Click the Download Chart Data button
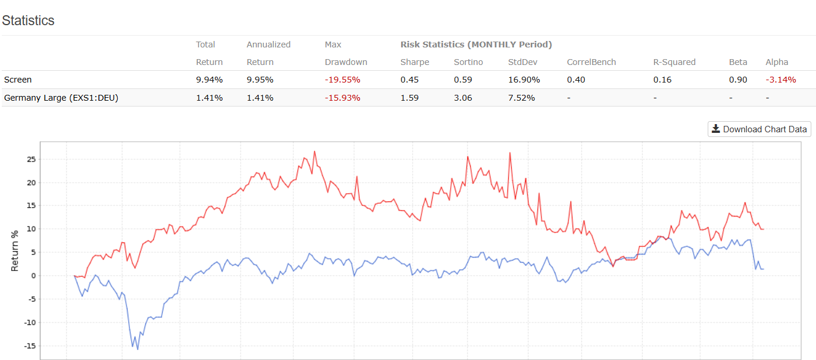[x=759, y=129]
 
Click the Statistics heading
[x=28, y=20]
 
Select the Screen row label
[x=18, y=80]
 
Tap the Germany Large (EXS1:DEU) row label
[x=61, y=98]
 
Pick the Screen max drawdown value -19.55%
[x=342, y=80]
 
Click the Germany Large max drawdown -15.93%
[x=342, y=98]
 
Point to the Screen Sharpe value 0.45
[x=410, y=80]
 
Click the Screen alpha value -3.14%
[x=781, y=80]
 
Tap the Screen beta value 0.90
[x=738, y=80]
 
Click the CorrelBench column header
[x=591, y=62]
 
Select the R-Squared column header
[x=675, y=62]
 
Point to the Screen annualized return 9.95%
[x=260, y=80]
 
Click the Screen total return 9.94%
[x=209, y=80]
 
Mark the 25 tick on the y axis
[x=31, y=159]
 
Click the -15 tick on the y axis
[x=29, y=345]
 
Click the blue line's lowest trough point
[x=138, y=349]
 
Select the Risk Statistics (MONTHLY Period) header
[x=476, y=44]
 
